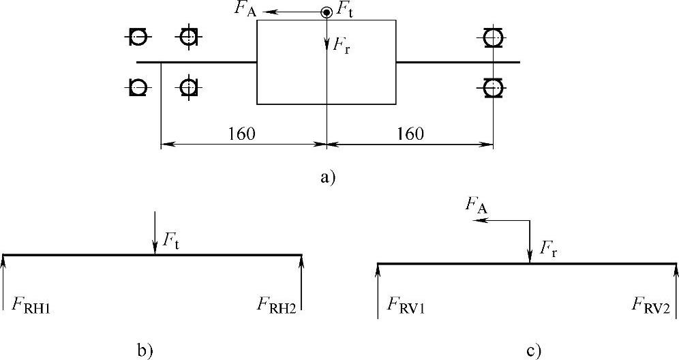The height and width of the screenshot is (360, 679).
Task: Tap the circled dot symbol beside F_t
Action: [x=327, y=12]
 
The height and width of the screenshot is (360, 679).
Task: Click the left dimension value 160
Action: [x=242, y=134]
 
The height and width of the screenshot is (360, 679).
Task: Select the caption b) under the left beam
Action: [x=146, y=351]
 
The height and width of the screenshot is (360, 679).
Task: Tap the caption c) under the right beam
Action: [x=533, y=351]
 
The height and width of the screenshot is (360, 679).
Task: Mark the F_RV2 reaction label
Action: [x=652, y=303]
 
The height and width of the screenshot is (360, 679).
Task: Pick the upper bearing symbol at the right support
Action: [x=492, y=37]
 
